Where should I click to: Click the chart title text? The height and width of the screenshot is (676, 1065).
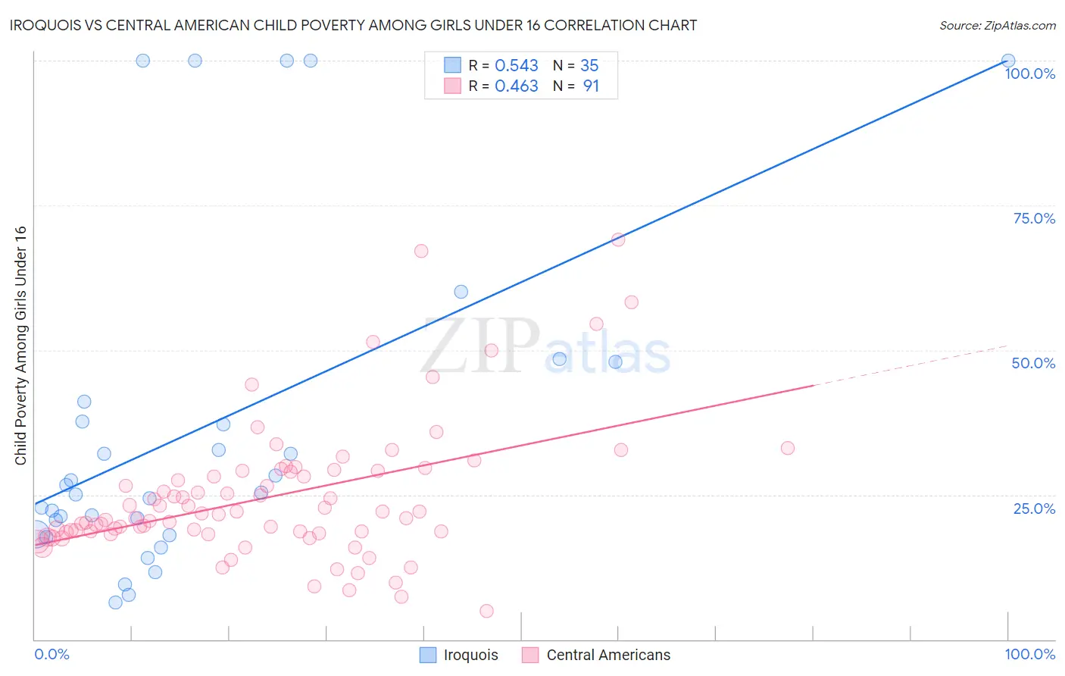point(353,25)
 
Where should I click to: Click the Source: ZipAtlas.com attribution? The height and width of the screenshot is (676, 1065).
point(997,25)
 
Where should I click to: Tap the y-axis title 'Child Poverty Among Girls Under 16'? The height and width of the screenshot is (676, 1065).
point(20,346)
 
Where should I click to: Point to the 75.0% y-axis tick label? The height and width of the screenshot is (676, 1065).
point(1034,218)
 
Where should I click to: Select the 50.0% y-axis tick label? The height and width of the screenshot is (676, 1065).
point(1033,363)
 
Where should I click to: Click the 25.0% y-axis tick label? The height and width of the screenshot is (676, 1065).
point(1034,509)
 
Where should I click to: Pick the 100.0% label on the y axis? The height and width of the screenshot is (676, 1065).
point(1029,74)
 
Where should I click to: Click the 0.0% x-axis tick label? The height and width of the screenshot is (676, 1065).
point(52,654)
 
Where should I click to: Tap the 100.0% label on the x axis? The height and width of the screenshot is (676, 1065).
point(1029,654)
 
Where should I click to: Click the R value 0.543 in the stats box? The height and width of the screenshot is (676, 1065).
point(517,65)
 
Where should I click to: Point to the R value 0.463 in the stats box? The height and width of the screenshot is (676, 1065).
point(517,86)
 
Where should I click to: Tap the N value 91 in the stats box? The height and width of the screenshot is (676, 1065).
point(591,86)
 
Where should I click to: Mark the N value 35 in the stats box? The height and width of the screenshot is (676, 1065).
point(589,65)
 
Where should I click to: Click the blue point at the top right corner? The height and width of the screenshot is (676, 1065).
point(1008,61)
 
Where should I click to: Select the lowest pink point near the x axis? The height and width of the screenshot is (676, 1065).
point(486,611)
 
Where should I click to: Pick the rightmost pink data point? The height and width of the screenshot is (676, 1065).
point(788,448)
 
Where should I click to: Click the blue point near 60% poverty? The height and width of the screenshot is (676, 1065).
point(461,292)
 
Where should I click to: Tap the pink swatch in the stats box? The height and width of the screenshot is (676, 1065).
point(452,86)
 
